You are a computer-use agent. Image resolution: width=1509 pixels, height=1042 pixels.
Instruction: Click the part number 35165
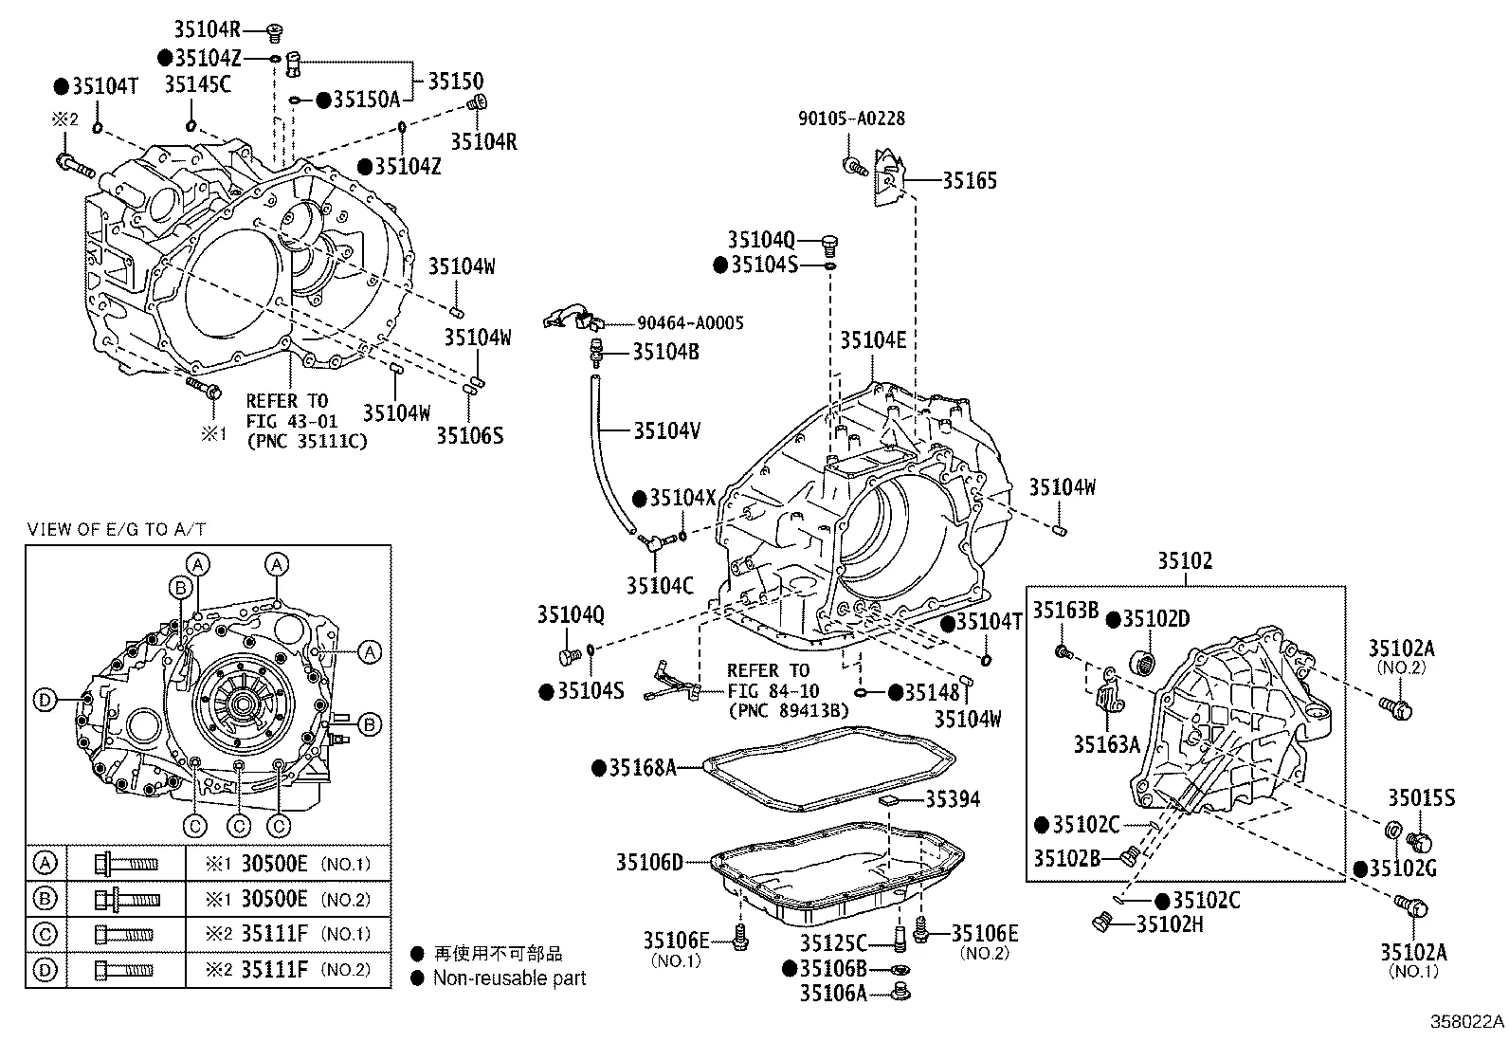click(969, 180)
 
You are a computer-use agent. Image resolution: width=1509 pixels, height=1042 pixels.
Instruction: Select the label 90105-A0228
click(850, 119)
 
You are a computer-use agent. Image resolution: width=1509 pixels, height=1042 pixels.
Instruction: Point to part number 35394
click(953, 799)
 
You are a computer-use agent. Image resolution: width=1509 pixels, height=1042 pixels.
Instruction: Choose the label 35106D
click(649, 862)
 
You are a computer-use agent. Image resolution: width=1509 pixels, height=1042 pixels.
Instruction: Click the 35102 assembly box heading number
click(1184, 561)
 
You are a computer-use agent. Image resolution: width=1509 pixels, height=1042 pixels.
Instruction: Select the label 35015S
click(1421, 798)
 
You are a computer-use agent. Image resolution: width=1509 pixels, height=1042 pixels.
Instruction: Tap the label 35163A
click(1106, 744)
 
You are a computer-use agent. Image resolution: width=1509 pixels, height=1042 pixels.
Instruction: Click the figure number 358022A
click(1466, 1022)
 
